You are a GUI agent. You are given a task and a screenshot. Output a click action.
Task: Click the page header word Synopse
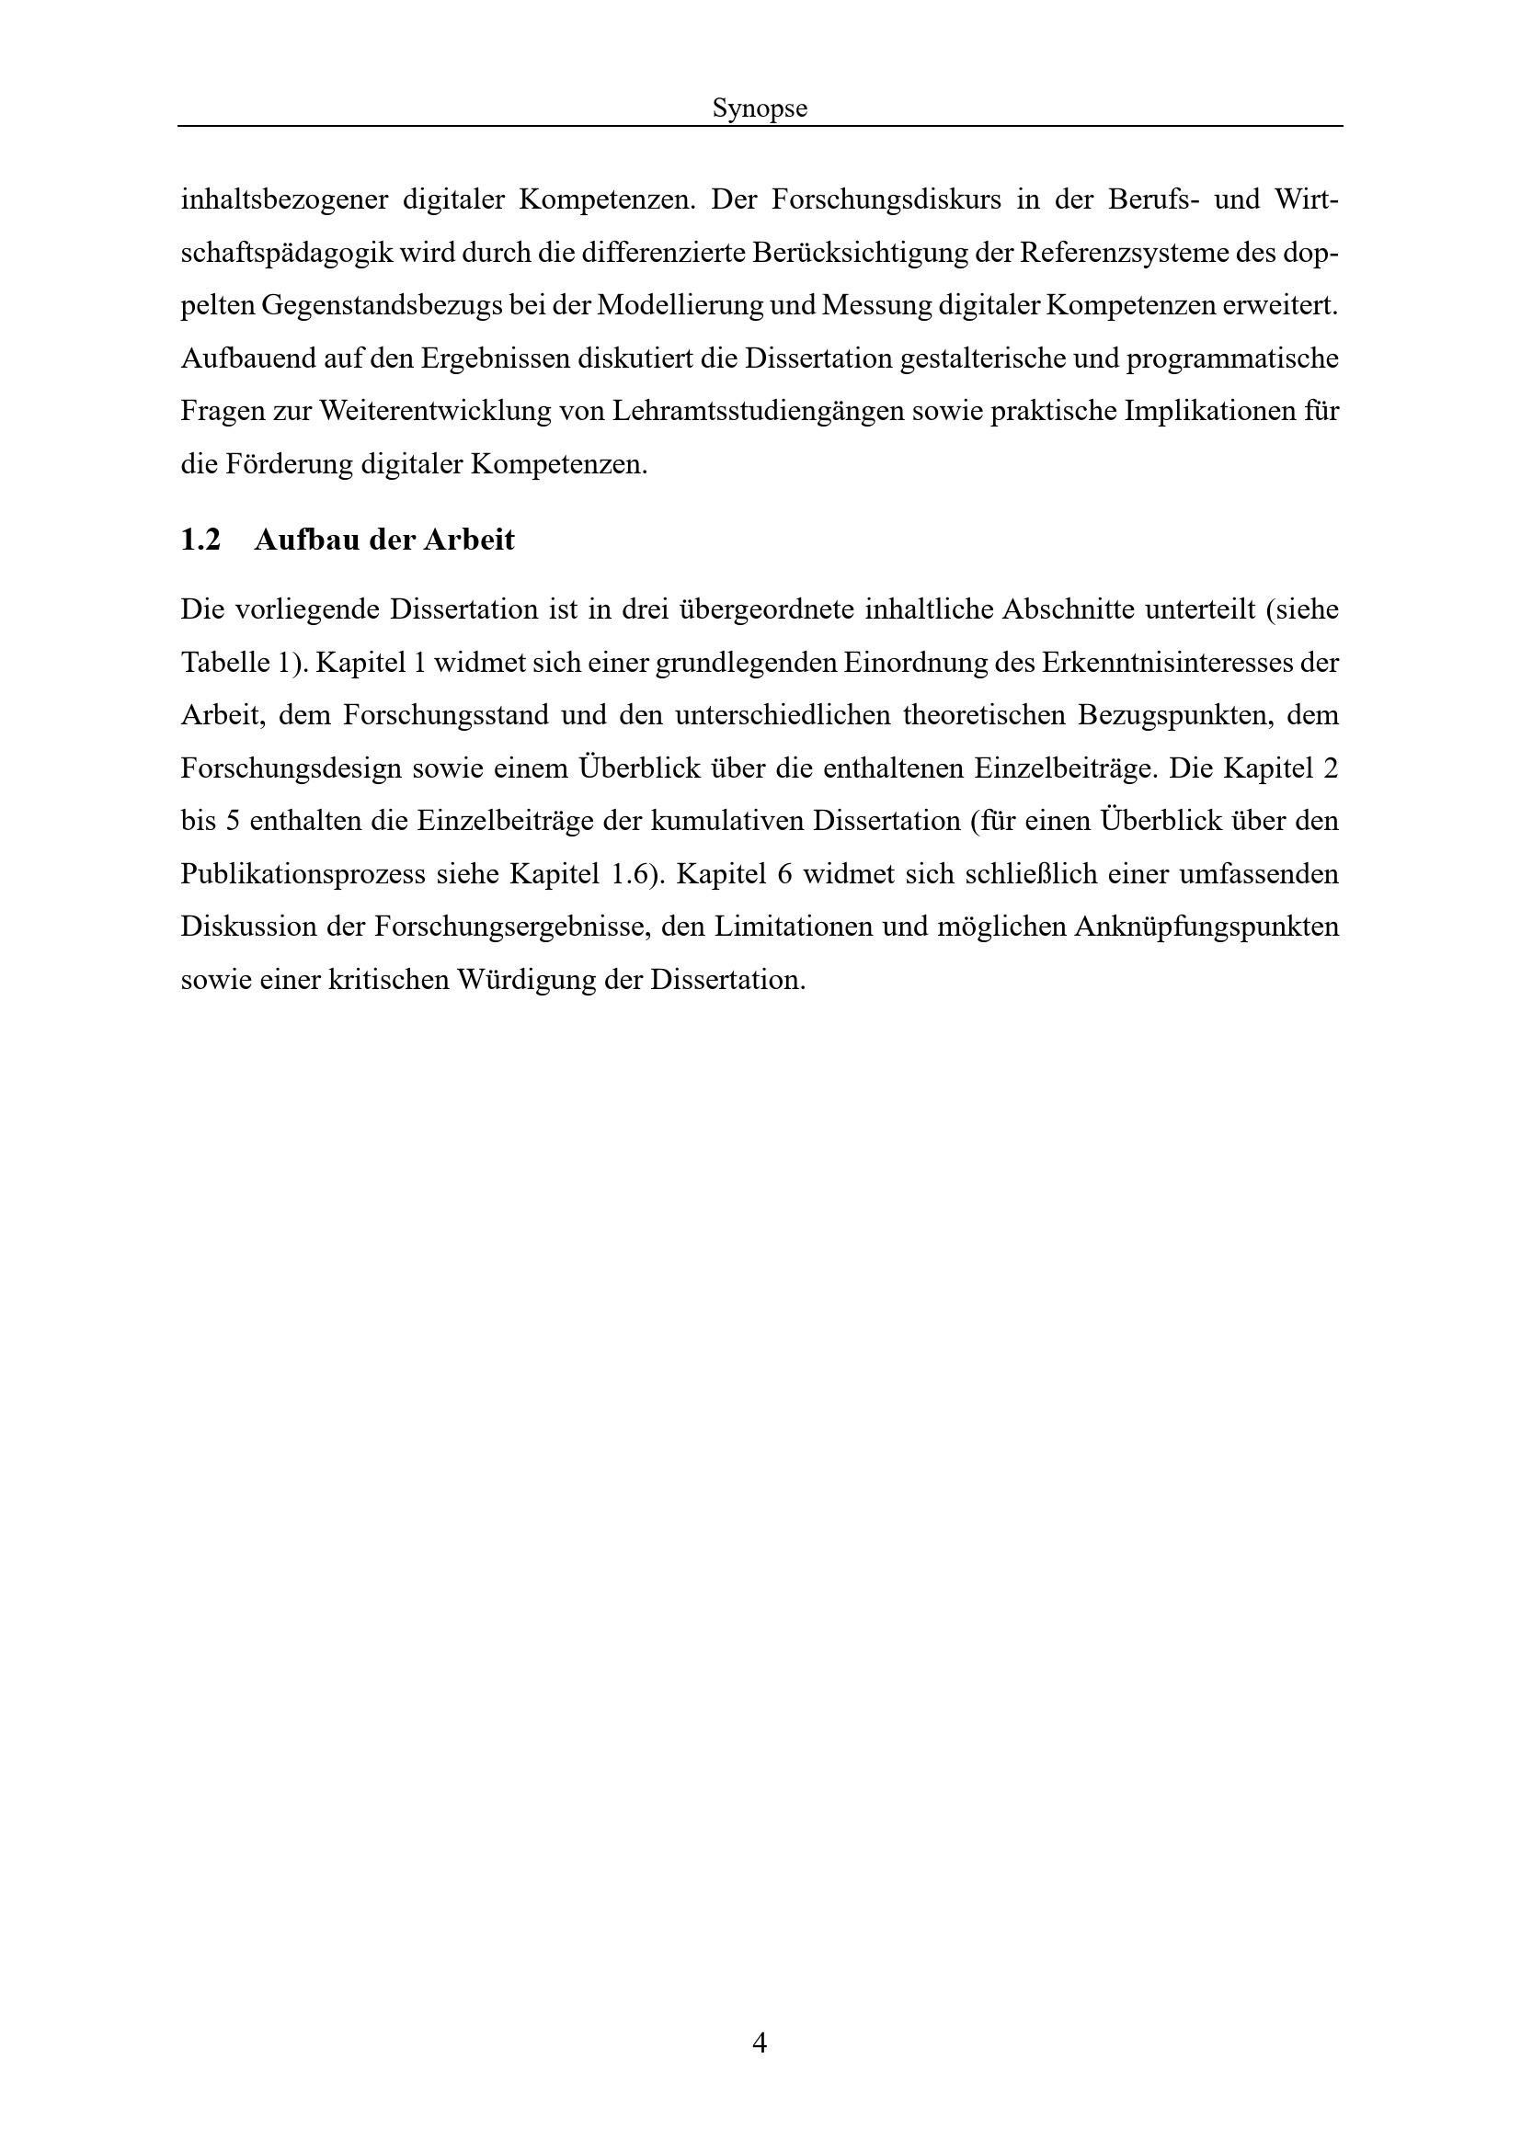click(x=760, y=108)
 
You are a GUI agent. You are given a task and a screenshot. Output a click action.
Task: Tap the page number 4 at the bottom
click(x=760, y=2042)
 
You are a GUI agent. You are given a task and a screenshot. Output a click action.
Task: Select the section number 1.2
click(x=200, y=540)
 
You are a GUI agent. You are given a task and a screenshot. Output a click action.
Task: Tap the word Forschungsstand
click(x=446, y=716)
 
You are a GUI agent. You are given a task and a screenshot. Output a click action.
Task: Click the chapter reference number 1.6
click(x=630, y=874)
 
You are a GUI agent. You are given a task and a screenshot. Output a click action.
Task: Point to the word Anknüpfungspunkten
click(x=1207, y=927)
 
